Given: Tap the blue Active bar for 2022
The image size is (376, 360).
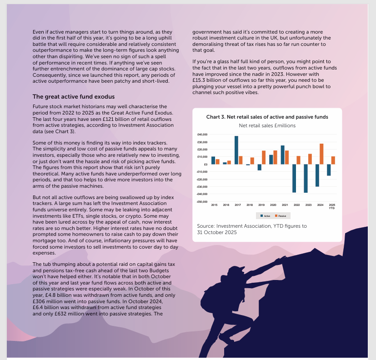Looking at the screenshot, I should point(294,178).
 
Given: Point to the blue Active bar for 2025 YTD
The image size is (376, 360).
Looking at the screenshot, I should point(329,170).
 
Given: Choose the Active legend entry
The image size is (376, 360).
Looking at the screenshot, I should point(265,215).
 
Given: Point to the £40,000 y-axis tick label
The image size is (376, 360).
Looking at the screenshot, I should point(202,135).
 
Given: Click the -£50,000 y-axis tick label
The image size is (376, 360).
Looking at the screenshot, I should point(201,201).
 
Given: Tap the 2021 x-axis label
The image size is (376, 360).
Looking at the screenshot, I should point(285,205).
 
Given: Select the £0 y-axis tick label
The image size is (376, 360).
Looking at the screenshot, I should point(205,165).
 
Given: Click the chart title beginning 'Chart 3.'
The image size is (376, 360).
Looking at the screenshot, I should point(267,117).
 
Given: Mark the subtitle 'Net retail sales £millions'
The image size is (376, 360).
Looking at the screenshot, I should point(267,125).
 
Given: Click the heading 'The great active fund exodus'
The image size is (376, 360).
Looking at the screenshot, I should point(74,97).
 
